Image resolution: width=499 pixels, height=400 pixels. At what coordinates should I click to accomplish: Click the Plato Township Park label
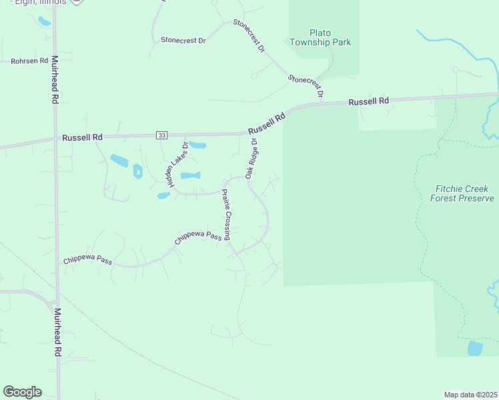tap(320, 37)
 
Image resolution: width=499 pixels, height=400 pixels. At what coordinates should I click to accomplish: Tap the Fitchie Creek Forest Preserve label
tap(462, 193)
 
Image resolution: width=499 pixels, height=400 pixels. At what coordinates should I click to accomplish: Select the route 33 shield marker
tap(162, 135)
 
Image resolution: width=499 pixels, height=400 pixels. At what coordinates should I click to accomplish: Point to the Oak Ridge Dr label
tap(252, 158)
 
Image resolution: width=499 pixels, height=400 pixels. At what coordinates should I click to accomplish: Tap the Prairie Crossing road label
tap(227, 215)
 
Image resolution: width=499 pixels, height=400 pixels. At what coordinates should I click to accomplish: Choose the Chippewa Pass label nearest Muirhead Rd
tap(87, 259)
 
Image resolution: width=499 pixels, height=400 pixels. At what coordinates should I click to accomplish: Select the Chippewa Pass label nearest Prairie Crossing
tap(197, 237)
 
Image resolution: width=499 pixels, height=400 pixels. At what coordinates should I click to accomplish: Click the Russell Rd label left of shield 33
tap(83, 137)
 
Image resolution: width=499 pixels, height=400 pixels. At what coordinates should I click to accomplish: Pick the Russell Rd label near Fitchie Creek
tap(368, 101)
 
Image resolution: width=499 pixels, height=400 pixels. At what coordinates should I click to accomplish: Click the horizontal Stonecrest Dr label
tap(183, 40)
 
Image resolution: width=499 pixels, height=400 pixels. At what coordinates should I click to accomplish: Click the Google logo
tap(22, 392)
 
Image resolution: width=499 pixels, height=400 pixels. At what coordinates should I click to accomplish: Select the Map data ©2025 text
tap(470, 395)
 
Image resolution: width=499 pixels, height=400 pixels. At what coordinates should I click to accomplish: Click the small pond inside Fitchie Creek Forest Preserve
tap(475, 348)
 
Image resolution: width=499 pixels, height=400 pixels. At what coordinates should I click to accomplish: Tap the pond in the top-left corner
tap(44, 21)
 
